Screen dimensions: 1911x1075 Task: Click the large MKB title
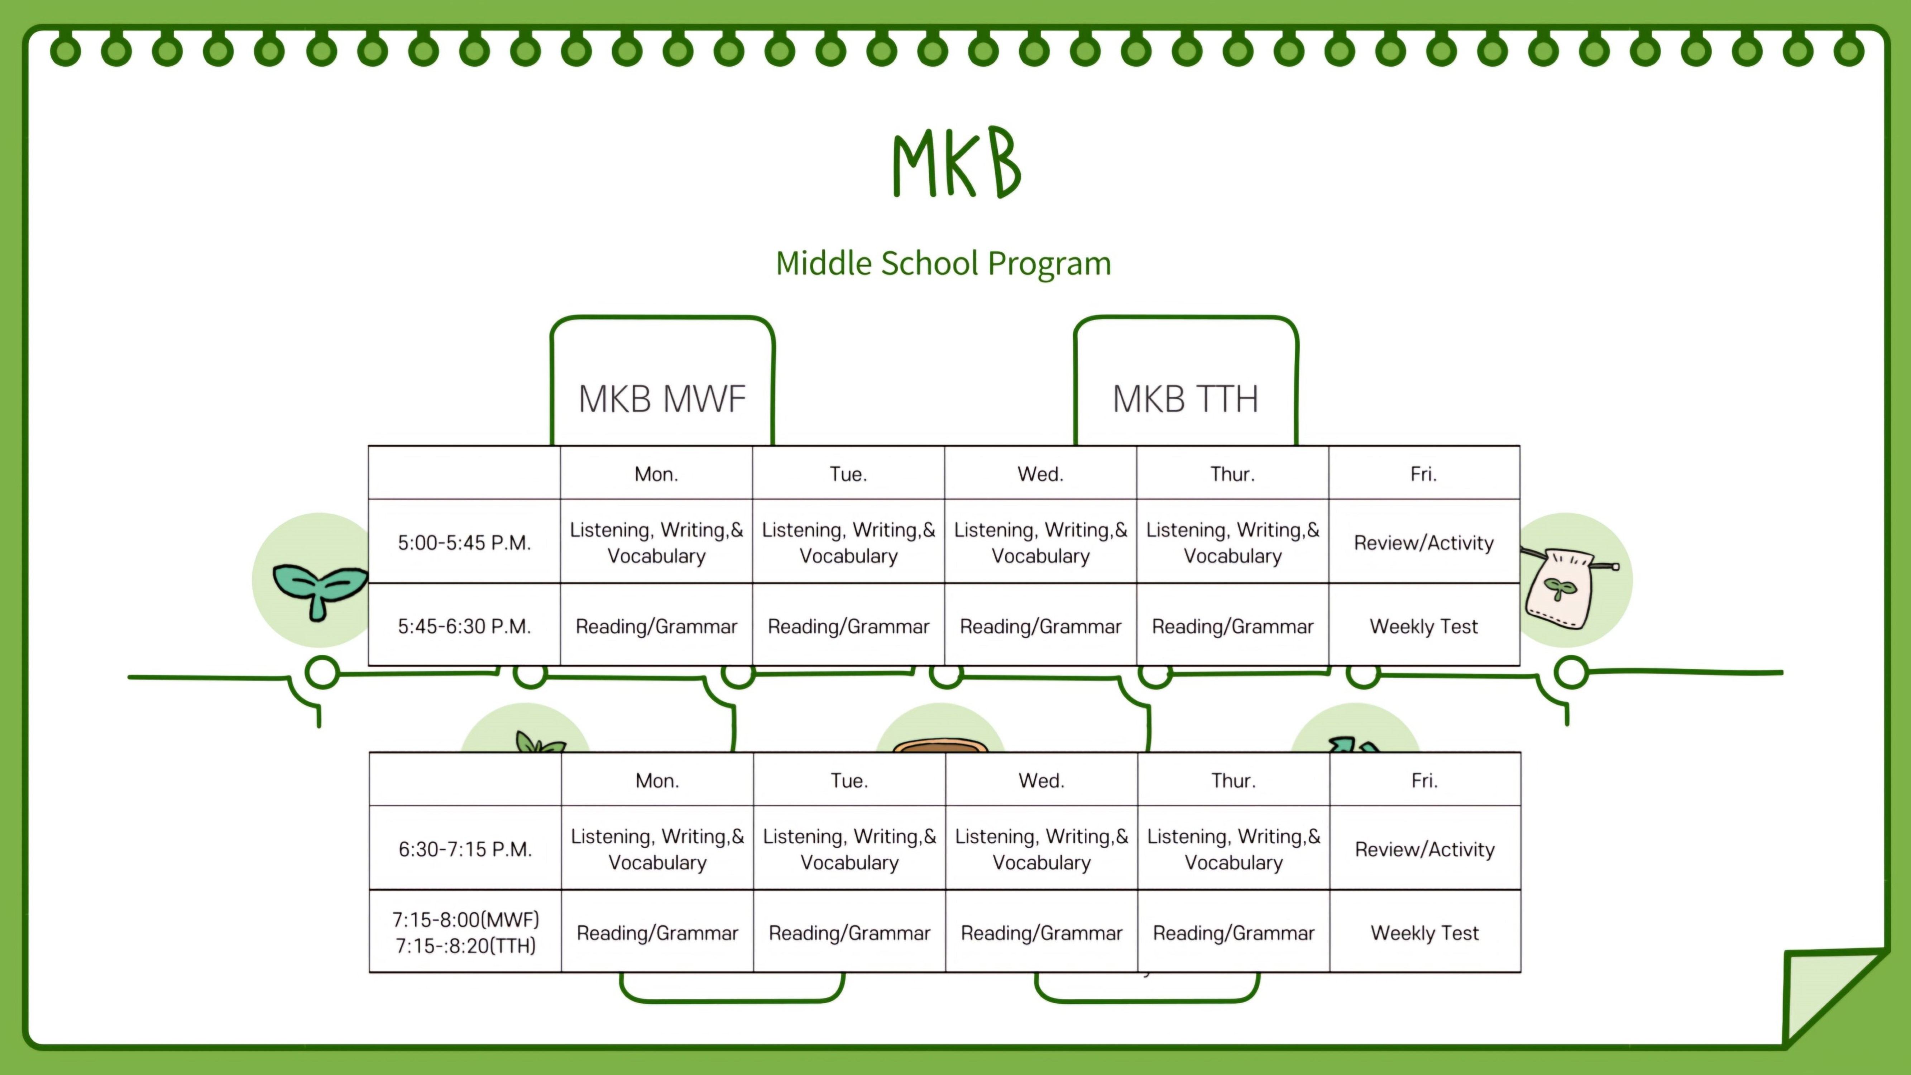pyautogui.click(x=957, y=163)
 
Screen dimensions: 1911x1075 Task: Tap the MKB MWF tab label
pyautogui.click(x=662, y=399)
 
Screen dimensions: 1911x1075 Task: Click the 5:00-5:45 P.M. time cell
pyautogui.click(x=464, y=542)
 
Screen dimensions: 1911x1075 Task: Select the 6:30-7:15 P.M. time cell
pyautogui.click(x=465, y=849)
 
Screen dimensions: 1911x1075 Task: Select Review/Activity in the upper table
pyautogui.click(x=1424, y=542)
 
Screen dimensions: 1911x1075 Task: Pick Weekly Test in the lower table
pyautogui.click(x=1424, y=932)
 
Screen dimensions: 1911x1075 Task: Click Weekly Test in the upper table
pyautogui.click(x=1424, y=626)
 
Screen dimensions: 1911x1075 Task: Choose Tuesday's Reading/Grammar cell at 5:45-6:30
pyautogui.click(x=848, y=626)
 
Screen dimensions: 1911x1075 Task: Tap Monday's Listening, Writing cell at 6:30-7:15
pyautogui.click(x=657, y=849)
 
